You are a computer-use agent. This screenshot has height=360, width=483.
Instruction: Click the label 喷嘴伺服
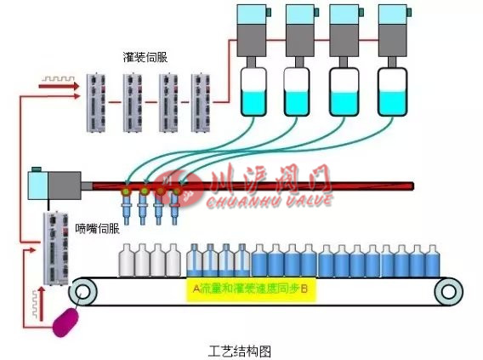tap(93, 228)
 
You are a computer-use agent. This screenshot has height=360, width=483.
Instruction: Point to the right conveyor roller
tap(448, 292)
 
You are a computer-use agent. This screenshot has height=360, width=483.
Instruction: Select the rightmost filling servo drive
tap(202, 102)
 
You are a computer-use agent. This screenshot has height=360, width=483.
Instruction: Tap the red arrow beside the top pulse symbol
tap(50, 84)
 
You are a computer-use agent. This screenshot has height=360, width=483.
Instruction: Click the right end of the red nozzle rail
tap(410, 186)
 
